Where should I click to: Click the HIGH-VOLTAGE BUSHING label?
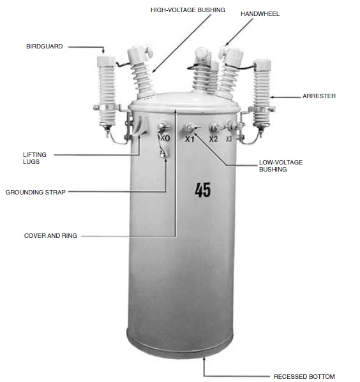[x=188, y=10]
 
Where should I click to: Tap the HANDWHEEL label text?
[x=260, y=14]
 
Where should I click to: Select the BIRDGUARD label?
[x=45, y=47]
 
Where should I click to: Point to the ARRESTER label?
[x=319, y=96]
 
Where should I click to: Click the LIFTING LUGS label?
[x=34, y=158]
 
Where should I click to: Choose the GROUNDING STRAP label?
[x=36, y=192]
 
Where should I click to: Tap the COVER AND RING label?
[x=50, y=235]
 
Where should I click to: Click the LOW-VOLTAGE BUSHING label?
[x=281, y=166]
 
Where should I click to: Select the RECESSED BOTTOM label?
[x=304, y=376]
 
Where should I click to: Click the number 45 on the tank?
[x=203, y=190]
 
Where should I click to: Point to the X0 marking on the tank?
[x=165, y=138]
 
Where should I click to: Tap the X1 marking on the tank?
[x=190, y=139]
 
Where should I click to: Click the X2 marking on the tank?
[x=213, y=139]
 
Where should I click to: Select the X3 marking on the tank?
[x=229, y=139]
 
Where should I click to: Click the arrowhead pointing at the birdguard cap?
[x=103, y=51]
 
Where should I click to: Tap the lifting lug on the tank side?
[x=140, y=126]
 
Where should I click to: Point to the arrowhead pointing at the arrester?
[x=273, y=97]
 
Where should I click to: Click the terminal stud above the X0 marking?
[x=163, y=127]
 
